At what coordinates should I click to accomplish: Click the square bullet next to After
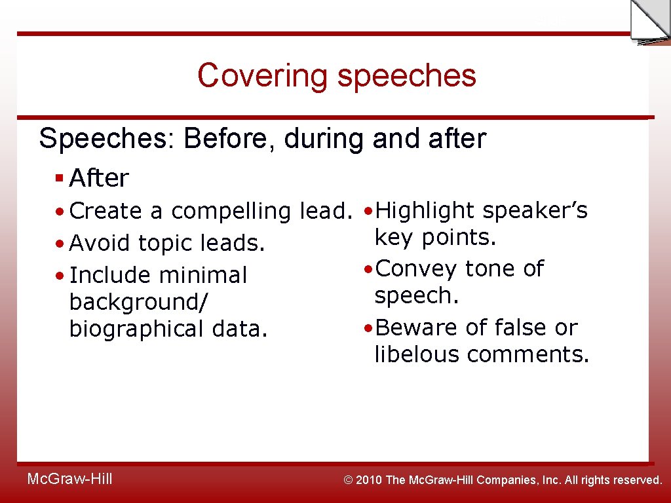(x=59, y=177)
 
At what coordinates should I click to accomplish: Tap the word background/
(x=138, y=302)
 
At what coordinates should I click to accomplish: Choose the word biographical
(x=137, y=329)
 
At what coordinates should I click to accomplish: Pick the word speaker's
(x=535, y=210)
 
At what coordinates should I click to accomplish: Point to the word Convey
(x=417, y=269)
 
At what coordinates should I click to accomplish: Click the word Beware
(x=417, y=327)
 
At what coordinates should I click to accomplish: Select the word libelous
(x=417, y=354)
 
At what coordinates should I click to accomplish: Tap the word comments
(x=528, y=354)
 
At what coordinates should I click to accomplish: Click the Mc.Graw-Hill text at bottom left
(x=69, y=479)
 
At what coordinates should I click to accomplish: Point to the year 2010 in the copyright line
(x=370, y=480)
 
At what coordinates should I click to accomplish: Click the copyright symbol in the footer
(x=349, y=480)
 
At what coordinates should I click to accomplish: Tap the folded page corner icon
(x=649, y=22)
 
